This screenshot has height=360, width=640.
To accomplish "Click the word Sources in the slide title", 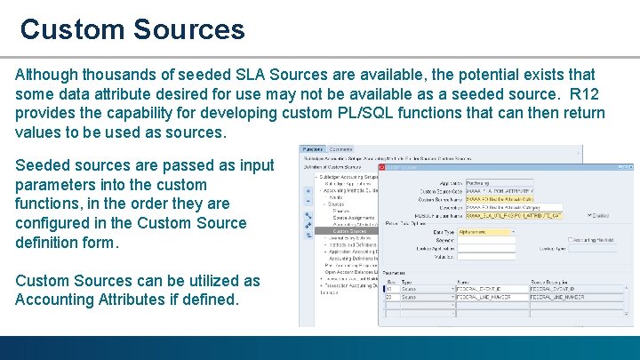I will pyautogui.click(x=189, y=29).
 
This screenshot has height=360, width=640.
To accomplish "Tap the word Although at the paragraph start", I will pyautogui.click(x=50, y=75).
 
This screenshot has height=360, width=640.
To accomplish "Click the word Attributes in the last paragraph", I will pyautogui.click(x=133, y=300).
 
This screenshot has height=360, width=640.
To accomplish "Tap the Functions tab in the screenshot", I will pyautogui.click(x=312, y=149).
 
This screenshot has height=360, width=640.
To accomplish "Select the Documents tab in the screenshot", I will pyautogui.click(x=341, y=149).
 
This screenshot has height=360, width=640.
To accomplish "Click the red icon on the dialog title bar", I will pyautogui.click(x=383, y=166).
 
